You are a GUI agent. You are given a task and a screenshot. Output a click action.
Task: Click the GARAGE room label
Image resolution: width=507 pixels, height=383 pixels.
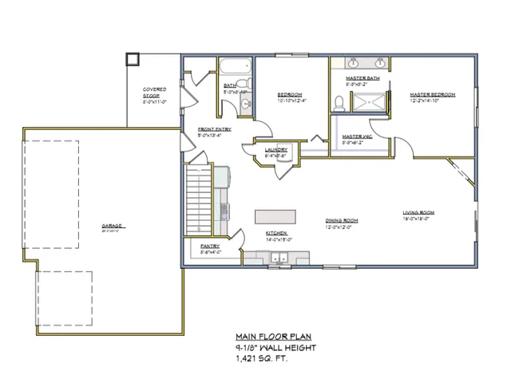[111, 226]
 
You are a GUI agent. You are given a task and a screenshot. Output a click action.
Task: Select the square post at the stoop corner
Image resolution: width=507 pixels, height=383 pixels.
[133, 59]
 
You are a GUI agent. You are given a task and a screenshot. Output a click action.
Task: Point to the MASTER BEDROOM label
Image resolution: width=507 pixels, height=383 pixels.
[432, 95]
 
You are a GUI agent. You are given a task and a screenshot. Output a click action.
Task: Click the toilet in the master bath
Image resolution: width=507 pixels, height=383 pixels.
[339, 101]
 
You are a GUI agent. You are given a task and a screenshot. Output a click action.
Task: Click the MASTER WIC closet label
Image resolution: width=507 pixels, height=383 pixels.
[357, 136]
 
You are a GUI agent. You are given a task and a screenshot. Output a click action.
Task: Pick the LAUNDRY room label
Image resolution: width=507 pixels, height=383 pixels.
[275, 149]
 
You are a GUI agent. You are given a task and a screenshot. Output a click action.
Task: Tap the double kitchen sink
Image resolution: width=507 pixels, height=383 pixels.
[279, 258]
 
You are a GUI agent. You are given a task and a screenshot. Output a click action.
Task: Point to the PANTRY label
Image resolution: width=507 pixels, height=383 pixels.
[210, 247]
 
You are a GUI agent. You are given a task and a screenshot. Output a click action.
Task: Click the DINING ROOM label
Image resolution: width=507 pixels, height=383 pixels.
[341, 221]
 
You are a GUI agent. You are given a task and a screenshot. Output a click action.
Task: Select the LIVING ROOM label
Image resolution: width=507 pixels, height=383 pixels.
[418, 212]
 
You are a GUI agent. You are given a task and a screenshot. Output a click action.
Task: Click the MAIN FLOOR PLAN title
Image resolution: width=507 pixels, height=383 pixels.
[274, 337]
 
